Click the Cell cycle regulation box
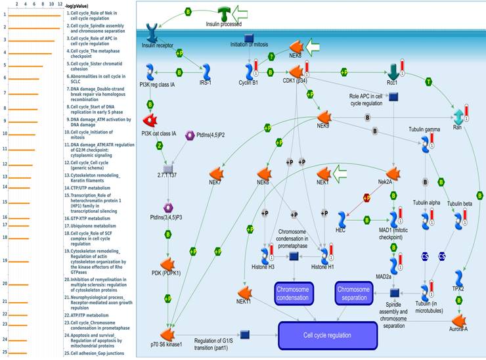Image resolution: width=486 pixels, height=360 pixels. [x=328, y=335]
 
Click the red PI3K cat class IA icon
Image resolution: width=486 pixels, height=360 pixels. [x=152, y=120]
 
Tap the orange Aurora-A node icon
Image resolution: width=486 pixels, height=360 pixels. [x=459, y=320]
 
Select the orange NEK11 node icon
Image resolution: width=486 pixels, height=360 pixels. [x=245, y=292]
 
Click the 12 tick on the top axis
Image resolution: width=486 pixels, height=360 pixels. [x=60, y=5]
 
